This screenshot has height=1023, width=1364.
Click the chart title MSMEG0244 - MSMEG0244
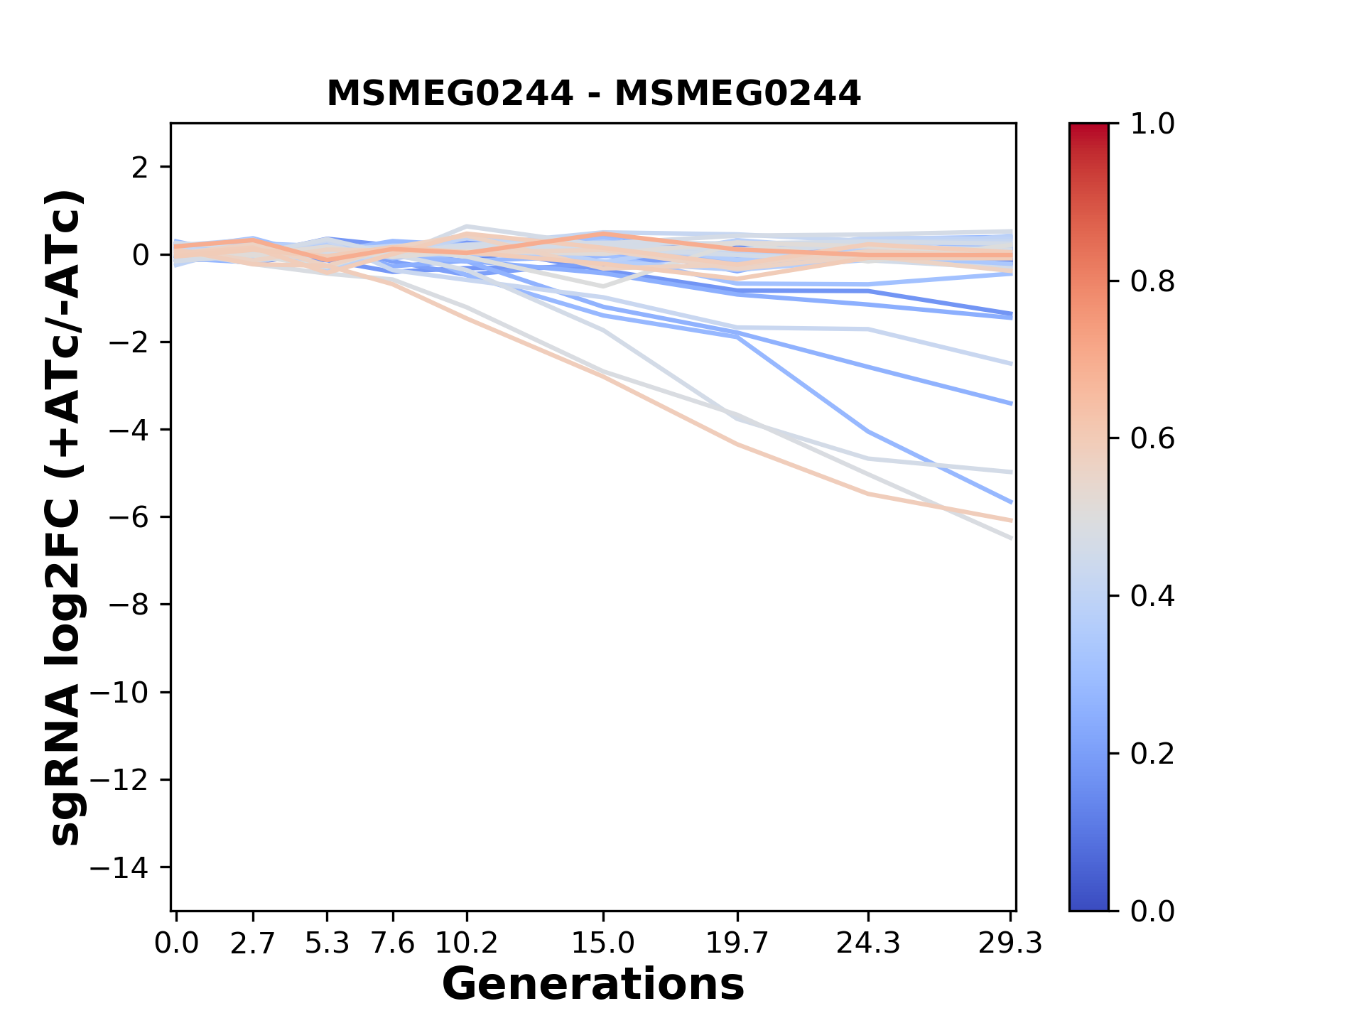click(x=593, y=94)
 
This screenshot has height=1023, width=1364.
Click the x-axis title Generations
click(x=593, y=985)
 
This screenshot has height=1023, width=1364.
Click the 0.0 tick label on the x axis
click(x=176, y=943)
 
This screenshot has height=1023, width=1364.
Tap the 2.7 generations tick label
click(x=253, y=943)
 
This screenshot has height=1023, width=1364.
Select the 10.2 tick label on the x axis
click(x=466, y=943)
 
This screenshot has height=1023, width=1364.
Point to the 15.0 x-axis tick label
click(x=603, y=943)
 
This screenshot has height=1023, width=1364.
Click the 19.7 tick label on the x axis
click(x=737, y=943)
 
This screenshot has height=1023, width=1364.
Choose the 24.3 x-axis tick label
click(x=868, y=943)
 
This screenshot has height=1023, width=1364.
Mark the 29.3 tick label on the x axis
click(x=1010, y=943)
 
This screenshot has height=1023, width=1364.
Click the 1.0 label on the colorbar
click(x=1152, y=124)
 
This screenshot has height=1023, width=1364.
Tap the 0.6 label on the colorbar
click(x=1152, y=439)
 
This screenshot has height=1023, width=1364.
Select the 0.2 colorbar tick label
click(x=1152, y=754)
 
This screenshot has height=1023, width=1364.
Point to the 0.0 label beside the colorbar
click(x=1152, y=911)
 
